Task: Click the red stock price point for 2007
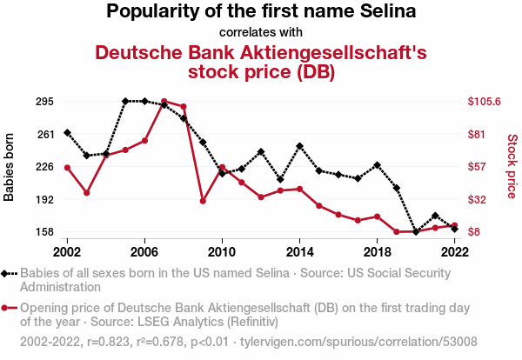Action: click(164, 101)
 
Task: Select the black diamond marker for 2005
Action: click(125, 101)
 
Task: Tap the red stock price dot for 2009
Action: click(203, 201)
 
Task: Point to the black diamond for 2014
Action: click(299, 146)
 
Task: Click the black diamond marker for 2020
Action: click(416, 231)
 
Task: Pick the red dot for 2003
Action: click(87, 193)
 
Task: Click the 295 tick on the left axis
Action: click(44, 102)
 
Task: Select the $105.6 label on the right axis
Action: click(484, 101)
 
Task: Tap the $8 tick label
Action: click(474, 231)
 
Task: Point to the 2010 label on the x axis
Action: click(222, 252)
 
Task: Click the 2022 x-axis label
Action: click(454, 252)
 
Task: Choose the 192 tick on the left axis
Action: click(44, 200)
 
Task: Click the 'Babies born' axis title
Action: click(9, 167)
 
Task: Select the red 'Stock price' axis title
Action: click(512, 166)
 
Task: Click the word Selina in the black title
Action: click(388, 11)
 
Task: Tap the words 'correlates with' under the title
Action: click(261, 32)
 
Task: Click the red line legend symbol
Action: click(9, 308)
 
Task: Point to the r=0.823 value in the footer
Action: click(108, 342)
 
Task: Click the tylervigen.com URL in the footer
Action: click(358, 342)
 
